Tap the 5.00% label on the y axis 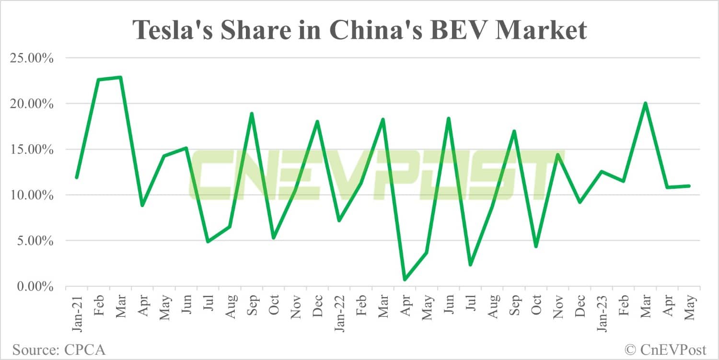(x=35, y=241)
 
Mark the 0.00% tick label (x=35, y=287)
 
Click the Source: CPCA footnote (x=58, y=349)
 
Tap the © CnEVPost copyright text (x=667, y=349)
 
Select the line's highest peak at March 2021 (x=120, y=77)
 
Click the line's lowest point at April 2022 (x=405, y=279)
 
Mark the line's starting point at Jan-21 (x=77, y=178)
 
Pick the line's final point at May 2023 (x=689, y=186)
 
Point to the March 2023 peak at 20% (x=645, y=103)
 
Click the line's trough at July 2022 (x=470, y=265)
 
